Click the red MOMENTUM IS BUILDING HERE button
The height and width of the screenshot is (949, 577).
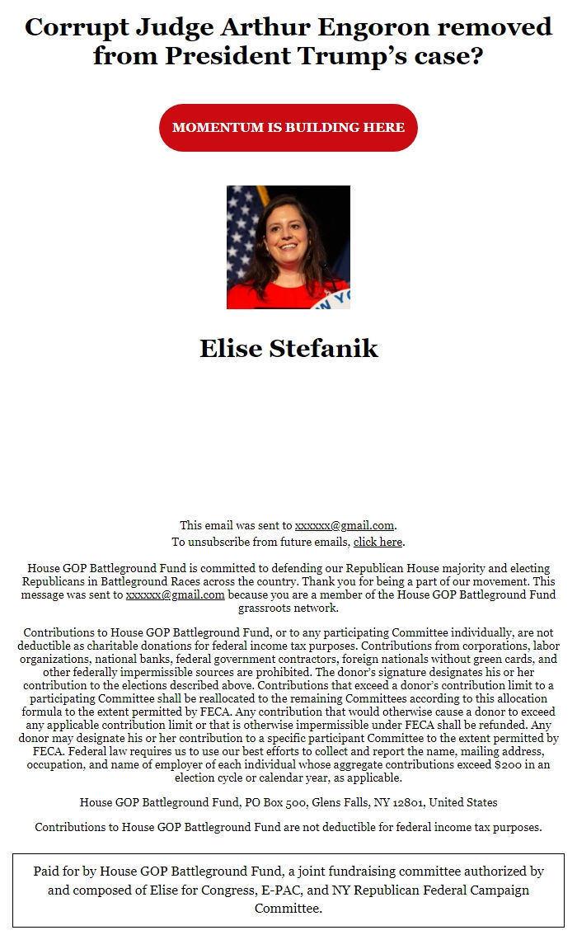coord(288,128)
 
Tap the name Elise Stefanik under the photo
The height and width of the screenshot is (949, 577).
coord(288,348)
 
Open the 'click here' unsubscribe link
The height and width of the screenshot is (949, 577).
coord(378,542)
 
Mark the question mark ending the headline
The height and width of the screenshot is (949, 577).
coord(475,56)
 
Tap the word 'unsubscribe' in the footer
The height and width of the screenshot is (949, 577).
coord(217,542)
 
